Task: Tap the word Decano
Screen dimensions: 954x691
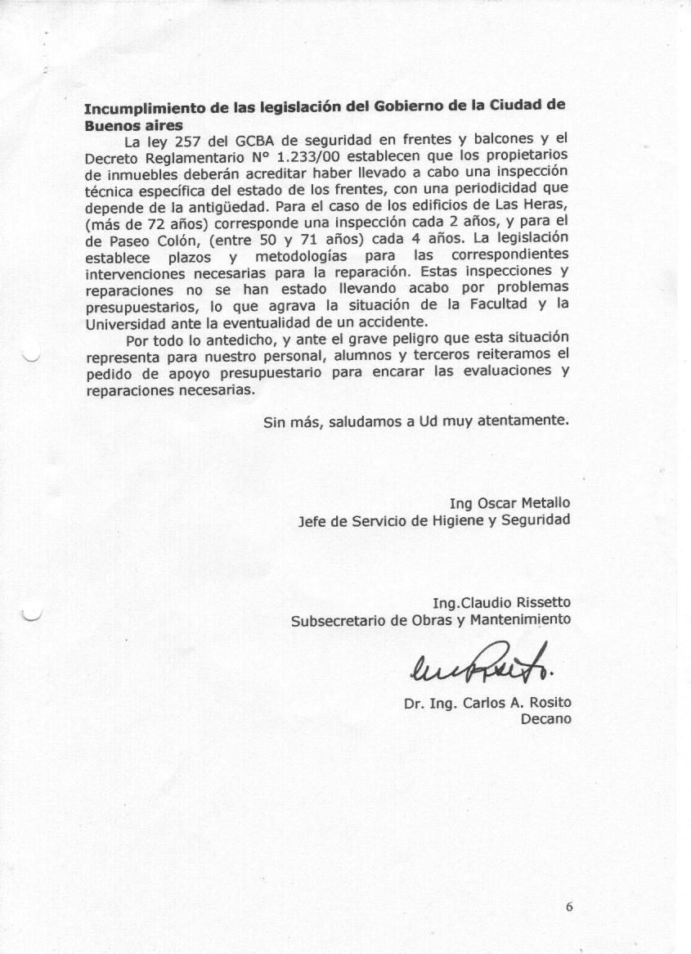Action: (x=545, y=719)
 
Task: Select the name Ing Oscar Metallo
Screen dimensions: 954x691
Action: (x=509, y=502)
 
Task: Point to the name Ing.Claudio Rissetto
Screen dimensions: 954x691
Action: (x=501, y=604)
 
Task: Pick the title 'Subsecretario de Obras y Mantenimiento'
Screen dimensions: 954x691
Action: (x=431, y=620)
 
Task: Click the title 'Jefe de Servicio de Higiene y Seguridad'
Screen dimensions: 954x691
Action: (x=434, y=520)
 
